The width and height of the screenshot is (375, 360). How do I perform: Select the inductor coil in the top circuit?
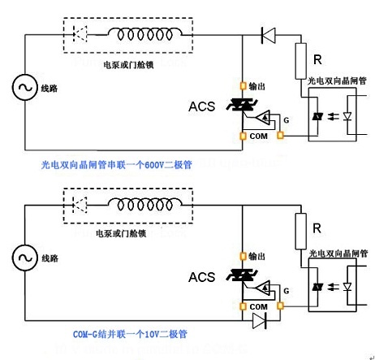click(150, 35)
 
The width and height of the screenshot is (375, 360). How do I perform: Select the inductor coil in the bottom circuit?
click(150, 206)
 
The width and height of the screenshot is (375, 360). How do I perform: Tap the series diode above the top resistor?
click(269, 35)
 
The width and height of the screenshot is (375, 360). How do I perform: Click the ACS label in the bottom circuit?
click(202, 278)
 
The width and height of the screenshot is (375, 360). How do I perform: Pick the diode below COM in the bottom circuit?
click(260, 322)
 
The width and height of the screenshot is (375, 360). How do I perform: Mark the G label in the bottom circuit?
click(285, 289)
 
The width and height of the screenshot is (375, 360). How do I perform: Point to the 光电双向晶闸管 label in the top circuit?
click(337, 82)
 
